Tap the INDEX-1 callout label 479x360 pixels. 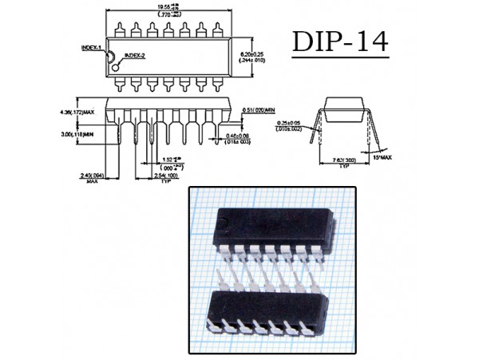click(93, 48)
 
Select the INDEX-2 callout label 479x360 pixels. click(137, 55)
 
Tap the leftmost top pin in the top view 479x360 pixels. click(117, 30)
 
